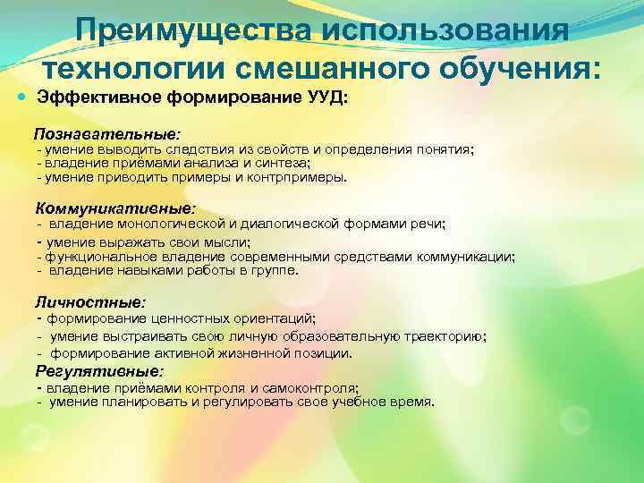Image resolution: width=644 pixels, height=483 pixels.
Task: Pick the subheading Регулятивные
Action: pos(98,369)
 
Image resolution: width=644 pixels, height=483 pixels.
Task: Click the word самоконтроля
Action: pos(314,388)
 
